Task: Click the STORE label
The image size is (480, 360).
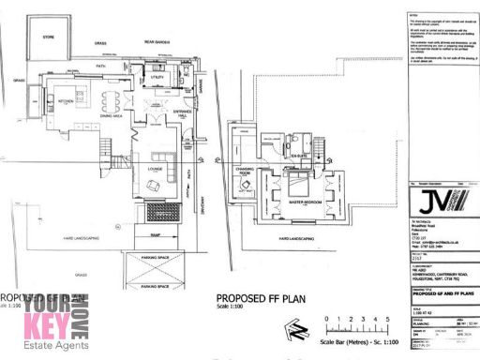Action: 49,37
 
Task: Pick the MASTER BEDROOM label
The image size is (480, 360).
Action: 307,202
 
